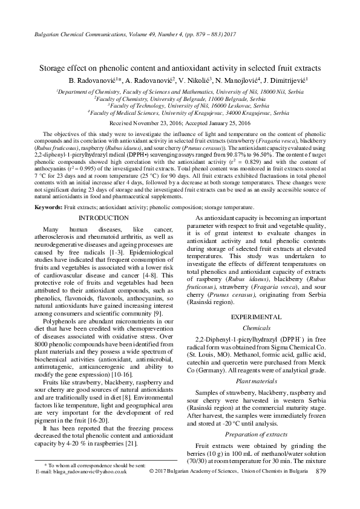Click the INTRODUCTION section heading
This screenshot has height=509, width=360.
click(103, 217)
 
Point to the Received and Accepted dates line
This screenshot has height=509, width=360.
click(180, 122)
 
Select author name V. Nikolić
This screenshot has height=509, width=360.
click(200, 80)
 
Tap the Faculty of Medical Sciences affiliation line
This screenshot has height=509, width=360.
click(180, 112)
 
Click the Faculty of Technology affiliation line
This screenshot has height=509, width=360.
click(180, 105)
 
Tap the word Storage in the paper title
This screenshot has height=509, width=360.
click(56, 68)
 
